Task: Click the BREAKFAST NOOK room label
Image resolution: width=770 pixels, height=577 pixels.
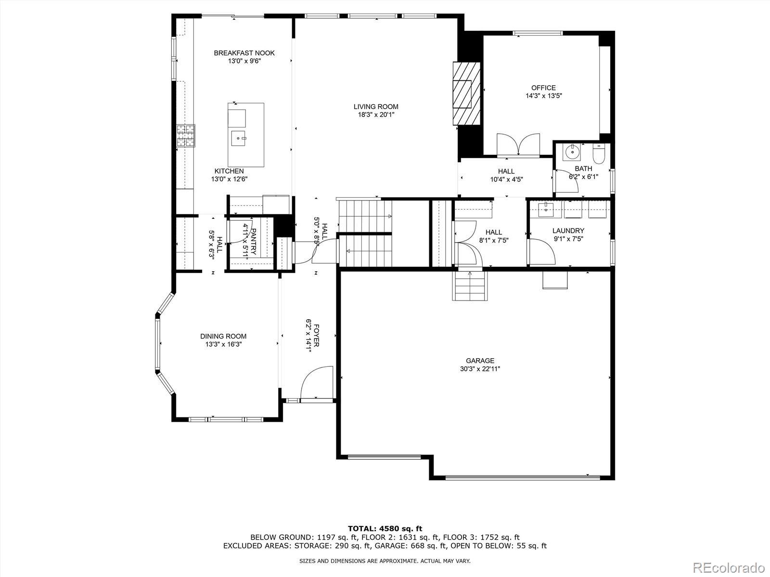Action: (x=244, y=53)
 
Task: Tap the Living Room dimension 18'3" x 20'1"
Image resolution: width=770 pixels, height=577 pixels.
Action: (x=376, y=114)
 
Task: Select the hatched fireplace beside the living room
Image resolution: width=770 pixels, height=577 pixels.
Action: (x=466, y=93)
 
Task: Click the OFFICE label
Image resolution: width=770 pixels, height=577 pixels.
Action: (x=543, y=88)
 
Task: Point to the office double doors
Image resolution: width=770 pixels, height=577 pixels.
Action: (x=518, y=144)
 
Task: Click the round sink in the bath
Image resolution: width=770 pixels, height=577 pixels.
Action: (x=572, y=153)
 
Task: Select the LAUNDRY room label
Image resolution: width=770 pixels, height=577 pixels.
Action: (x=568, y=231)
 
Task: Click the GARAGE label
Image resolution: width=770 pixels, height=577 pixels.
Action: (x=480, y=361)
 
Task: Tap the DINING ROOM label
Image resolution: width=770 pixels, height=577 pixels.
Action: (x=223, y=337)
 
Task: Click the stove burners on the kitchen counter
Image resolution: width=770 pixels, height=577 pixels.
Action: (x=186, y=135)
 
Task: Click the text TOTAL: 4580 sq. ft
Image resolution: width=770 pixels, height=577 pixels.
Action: (x=385, y=528)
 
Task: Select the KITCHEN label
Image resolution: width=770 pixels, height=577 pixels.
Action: (x=229, y=171)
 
